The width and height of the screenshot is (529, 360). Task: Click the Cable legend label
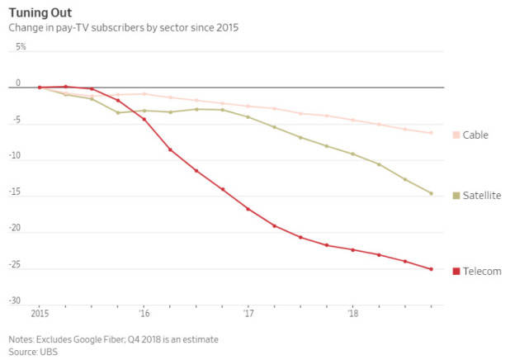[x=476, y=135]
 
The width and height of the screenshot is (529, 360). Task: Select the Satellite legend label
[x=482, y=196]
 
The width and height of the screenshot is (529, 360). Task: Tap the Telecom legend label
[x=482, y=271]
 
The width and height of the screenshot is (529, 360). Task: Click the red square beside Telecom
[x=456, y=271]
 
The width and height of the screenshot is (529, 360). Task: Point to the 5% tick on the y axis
[x=21, y=47]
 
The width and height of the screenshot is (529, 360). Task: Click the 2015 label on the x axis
[x=39, y=314]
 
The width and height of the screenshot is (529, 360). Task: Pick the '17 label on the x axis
[x=248, y=314]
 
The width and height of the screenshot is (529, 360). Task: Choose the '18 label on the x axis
[x=353, y=314]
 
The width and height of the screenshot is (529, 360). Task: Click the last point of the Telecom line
[x=431, y=269]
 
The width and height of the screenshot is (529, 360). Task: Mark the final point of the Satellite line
[x=431, y=194]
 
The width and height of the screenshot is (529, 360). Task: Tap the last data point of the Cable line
[x=431, y=133]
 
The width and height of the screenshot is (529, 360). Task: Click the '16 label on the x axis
[x=144, y=314]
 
